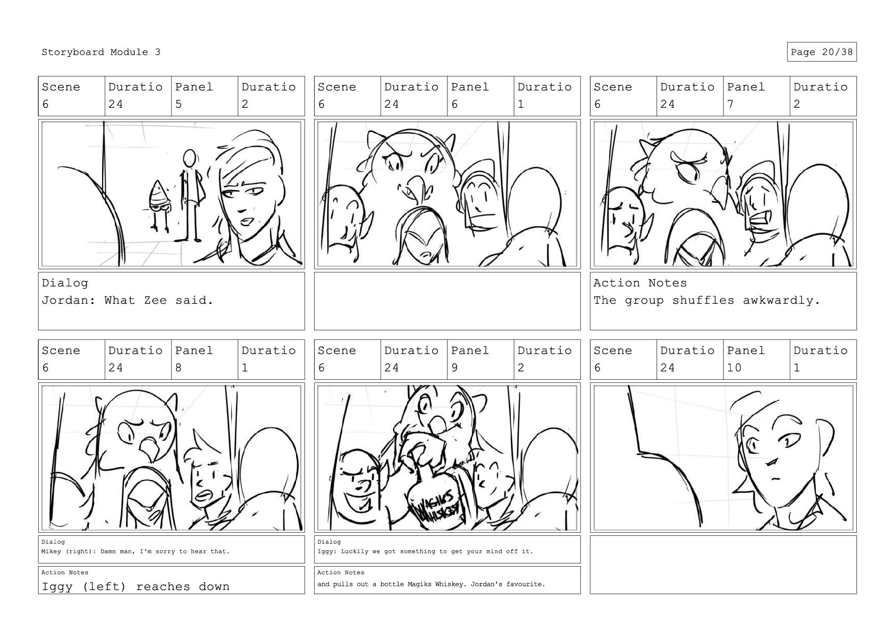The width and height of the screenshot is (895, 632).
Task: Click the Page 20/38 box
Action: pos(822,52)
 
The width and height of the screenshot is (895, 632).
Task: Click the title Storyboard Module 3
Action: pos(101,52)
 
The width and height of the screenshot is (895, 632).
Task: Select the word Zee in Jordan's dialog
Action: pos(155,300)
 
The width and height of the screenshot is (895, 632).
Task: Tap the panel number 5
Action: pos(178,104)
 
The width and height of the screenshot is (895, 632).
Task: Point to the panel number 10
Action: pos(734,368)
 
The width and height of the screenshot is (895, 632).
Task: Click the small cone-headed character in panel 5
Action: pos(161,206)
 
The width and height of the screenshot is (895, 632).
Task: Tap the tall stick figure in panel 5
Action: pos(192,195)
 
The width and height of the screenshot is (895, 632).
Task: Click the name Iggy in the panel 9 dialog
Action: pos(324,551)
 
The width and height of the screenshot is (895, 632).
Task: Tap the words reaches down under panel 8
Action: pos(183,586)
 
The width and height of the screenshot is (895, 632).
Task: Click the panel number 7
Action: pos(730,104)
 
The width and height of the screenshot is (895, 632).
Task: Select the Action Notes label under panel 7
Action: pos(640,283)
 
